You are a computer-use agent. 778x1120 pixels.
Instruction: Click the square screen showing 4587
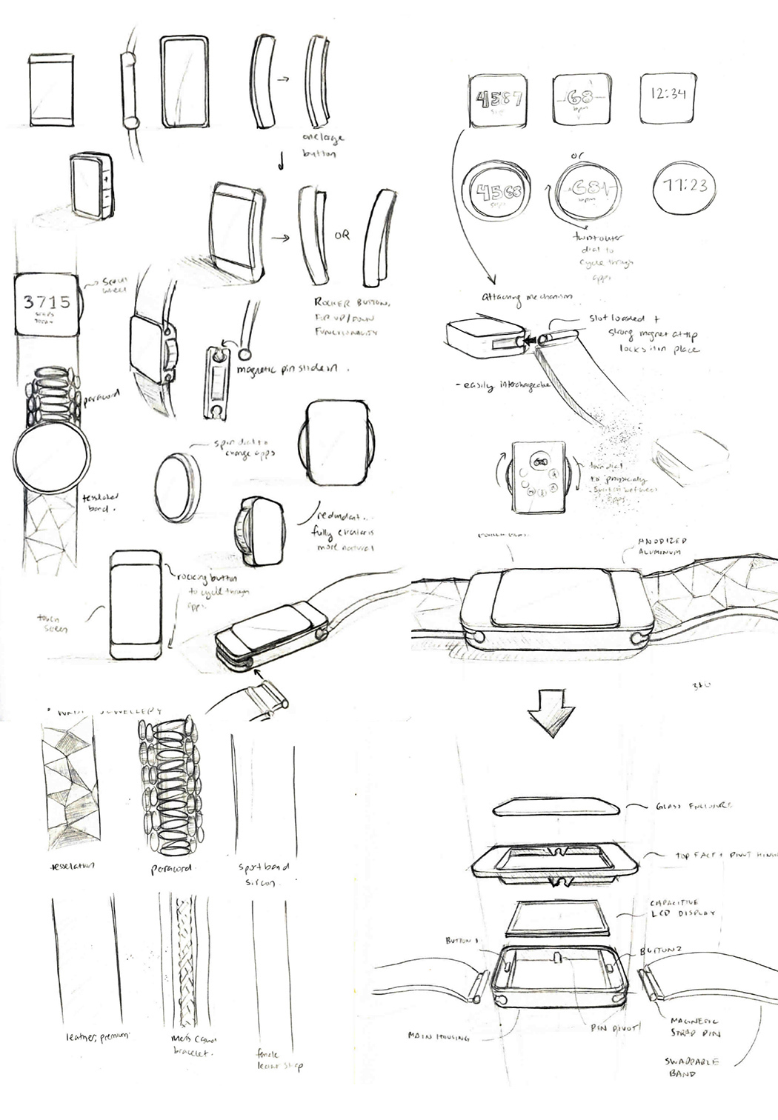click(x=499, y=99)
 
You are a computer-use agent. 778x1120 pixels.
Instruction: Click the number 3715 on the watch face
click(x=47, y=301)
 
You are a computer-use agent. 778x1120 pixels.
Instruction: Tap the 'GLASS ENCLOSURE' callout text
click(x=688, y=806)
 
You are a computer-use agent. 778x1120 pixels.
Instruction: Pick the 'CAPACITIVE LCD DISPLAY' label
click(x=682, y=909)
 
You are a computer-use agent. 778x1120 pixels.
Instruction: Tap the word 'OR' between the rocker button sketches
click(x=342, y=236)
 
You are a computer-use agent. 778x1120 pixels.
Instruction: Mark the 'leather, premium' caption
click(x=91, y=1036)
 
